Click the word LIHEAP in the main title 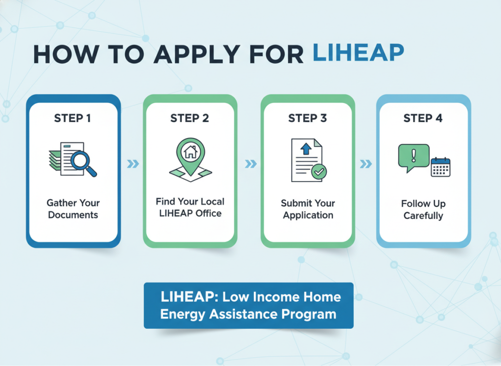tap(358, 52)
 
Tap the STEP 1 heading tap(72, 119)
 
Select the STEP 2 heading tap(189, 119)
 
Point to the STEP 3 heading tap(307, 119)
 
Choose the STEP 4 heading tap(423, 119)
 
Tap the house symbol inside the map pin tap(191, 152)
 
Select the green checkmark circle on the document tap(319, 172)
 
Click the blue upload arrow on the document tap(306, 149)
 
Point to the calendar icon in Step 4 tap(441, 167)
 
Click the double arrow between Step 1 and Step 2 tap(133, 164)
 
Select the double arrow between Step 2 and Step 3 tap(251, 164)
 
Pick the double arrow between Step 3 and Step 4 tap(366, 164)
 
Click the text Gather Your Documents tap(73, 209)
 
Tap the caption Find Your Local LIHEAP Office tap(190, 207)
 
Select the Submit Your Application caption tap(308, 209)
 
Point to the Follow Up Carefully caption tap(423, 210)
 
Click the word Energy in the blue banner tap(183, 315)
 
